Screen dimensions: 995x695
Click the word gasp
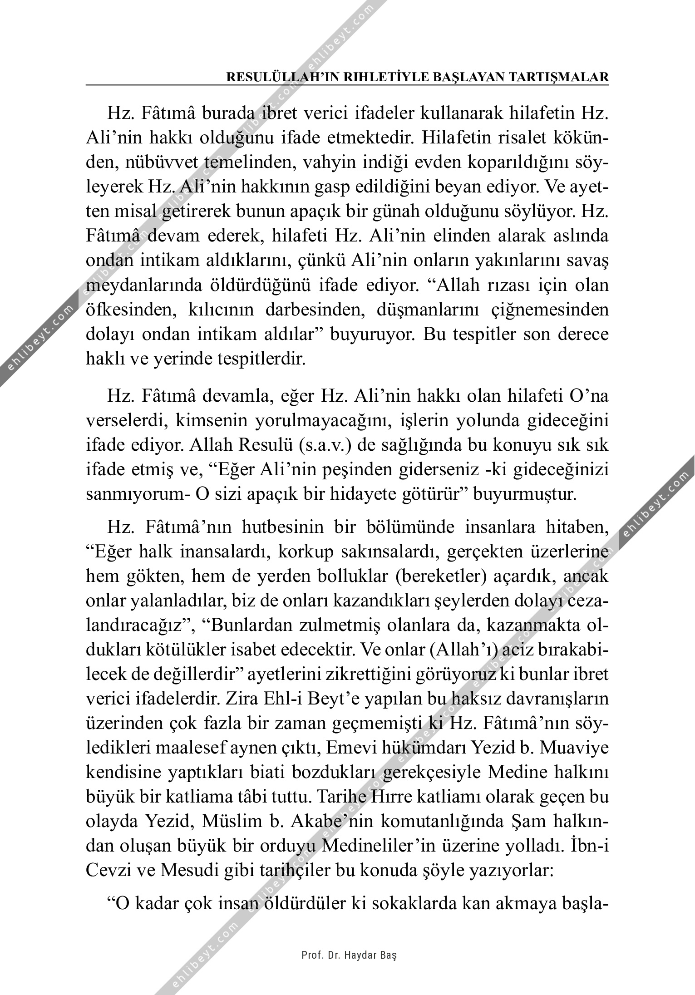[318, 187]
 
